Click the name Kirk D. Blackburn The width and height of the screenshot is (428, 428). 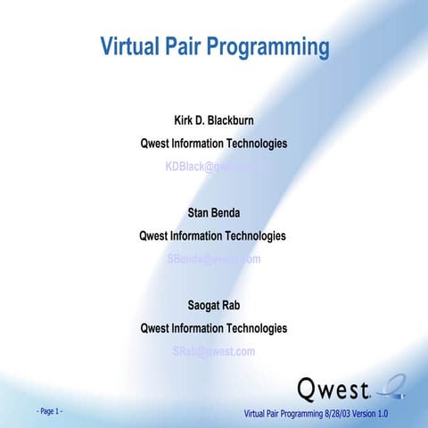click(x=213, y=120)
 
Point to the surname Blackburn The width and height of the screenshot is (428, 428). click(x=238, y=120)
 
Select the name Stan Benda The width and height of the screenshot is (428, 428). click(x=213, y=213)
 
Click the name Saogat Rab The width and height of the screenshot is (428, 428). click(x=213, y=306)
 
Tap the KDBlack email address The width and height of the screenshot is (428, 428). click(x=214, y=166)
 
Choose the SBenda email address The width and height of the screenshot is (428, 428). click(x=213, y=259)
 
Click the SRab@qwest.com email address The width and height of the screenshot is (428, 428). click(x=213, y=351)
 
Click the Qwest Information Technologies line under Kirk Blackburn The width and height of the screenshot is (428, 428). click(x=213, y=144)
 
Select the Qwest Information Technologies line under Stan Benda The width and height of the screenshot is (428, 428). click(x=213, y=236)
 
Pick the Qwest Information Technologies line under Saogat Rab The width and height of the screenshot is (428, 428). click(x=213, y=328)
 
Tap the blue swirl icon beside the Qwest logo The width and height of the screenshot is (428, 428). click(x=392, y=387)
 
